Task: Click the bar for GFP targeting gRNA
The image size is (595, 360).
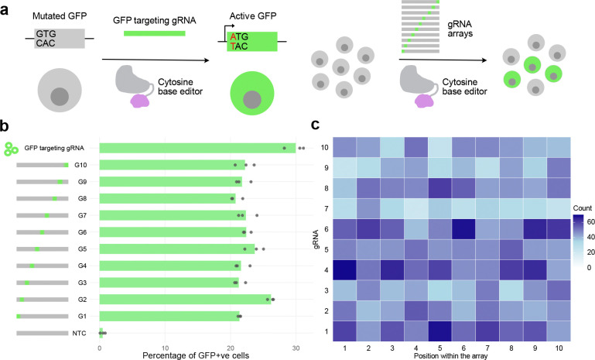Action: (x=197, y=148)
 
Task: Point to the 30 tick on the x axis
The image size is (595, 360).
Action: (x=295, y=346)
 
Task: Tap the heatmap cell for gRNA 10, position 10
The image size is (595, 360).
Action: (x=557, y=146)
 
